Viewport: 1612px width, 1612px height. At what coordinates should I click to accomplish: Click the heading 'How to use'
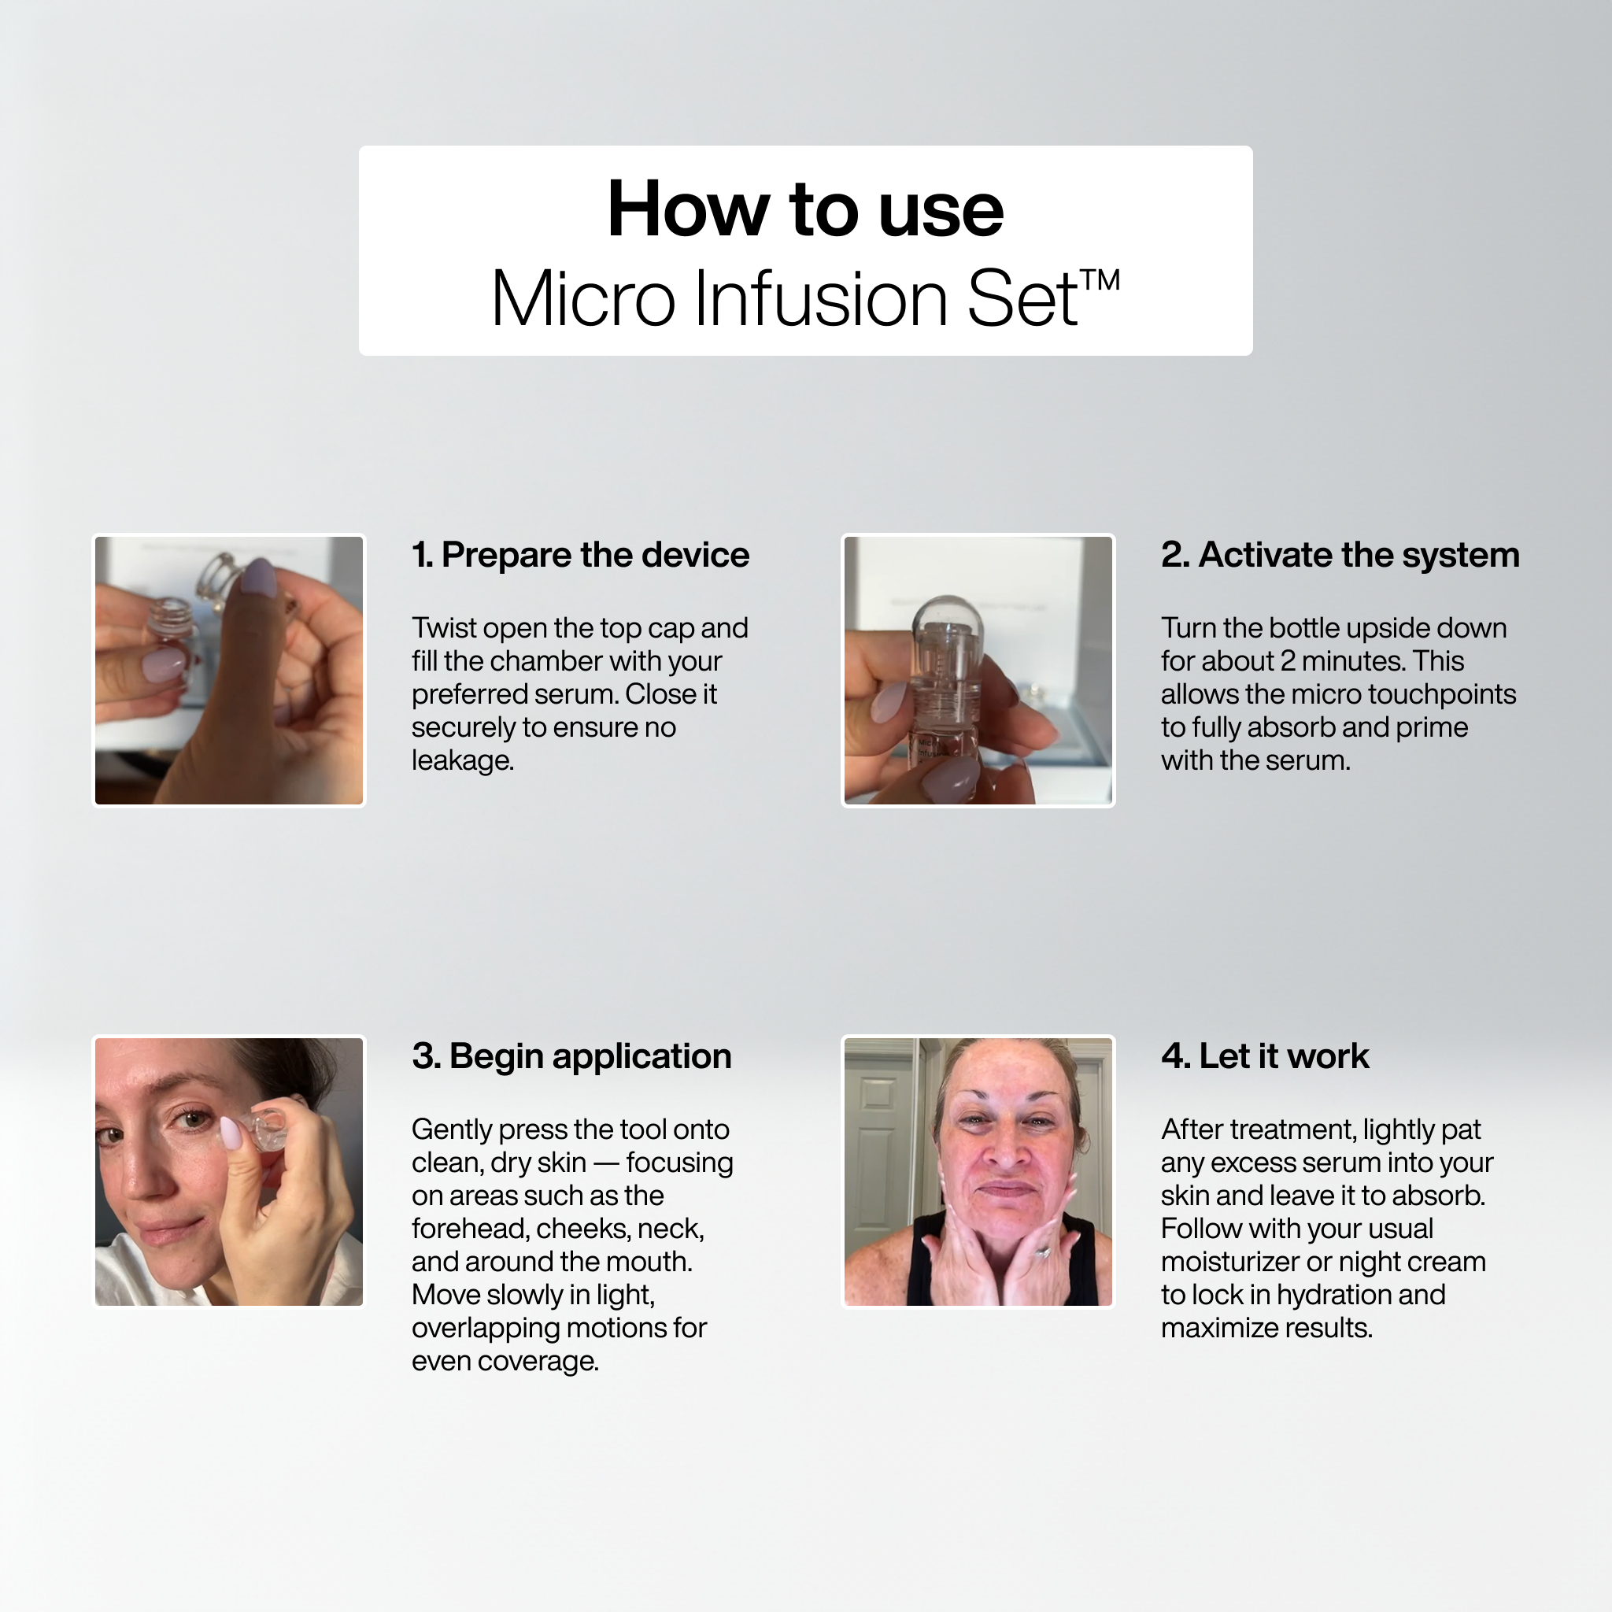[805, 209]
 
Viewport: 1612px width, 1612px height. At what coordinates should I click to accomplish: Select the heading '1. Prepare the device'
[580, 555]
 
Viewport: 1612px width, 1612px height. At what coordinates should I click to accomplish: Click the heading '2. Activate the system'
[1339, 555]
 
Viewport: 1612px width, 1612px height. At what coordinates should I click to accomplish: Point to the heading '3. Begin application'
[571, 1056]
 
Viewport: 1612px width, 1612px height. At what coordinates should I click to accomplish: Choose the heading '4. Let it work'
[1264, 1056]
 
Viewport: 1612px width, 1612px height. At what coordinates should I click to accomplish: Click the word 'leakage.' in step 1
[462, 760]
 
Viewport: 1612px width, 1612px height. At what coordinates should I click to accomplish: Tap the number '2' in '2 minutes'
[1287, 661]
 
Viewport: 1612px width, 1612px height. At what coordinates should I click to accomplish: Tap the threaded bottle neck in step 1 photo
[171, 617]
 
